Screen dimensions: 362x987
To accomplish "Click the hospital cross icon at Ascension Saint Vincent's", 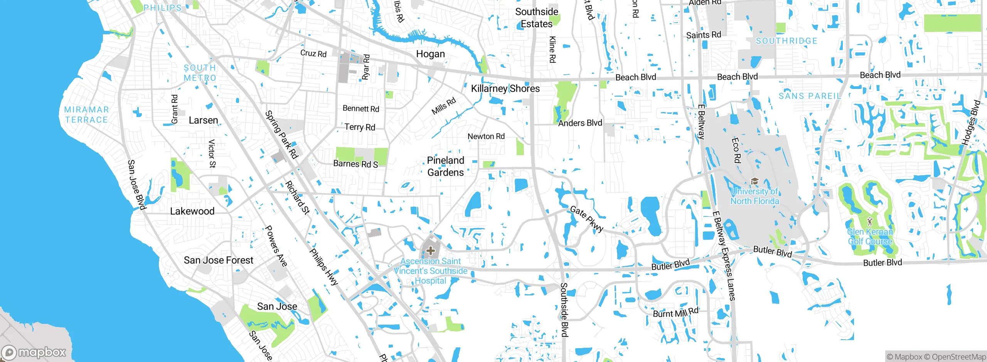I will coord(431,251).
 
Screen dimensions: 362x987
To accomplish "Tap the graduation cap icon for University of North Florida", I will coord(755,181).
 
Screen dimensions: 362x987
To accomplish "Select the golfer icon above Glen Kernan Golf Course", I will coord(869,221).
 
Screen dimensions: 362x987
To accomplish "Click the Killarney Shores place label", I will coord(505,89).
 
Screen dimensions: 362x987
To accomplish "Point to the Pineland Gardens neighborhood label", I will coord(445,166).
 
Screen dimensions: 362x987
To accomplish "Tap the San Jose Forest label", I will coord(218,260).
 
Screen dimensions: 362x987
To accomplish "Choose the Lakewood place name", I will coord(192,211).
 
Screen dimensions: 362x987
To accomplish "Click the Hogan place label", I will coord(430,54).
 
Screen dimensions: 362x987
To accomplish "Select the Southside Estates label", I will coord(537,18).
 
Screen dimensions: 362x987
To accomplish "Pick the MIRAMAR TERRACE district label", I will coord(86,115).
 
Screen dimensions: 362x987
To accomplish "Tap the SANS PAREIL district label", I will coord(809,96).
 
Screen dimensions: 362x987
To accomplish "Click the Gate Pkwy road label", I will coord(586,219).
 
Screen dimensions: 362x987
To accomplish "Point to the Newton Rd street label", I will coord(486,136).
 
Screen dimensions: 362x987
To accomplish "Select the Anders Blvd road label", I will coord(580,123).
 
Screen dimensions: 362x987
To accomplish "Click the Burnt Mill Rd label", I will coord(675,312).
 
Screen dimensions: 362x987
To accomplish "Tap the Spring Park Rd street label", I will coord(281,135).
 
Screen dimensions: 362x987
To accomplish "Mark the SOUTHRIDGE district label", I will coord(786,41).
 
